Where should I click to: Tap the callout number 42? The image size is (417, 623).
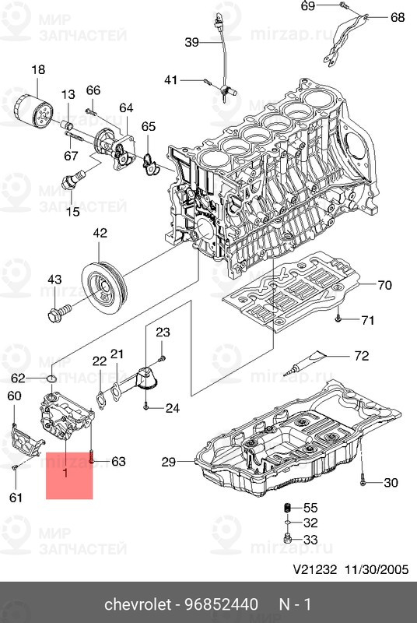click(100, 233)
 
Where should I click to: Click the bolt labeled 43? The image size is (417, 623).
click(59, 312)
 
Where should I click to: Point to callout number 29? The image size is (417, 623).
click(169, 462)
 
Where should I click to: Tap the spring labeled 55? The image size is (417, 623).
click(289, 509)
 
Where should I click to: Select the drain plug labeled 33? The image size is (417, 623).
click(288, 539)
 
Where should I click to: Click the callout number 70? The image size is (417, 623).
click(384, 285)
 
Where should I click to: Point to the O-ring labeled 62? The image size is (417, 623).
click(51, 378)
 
